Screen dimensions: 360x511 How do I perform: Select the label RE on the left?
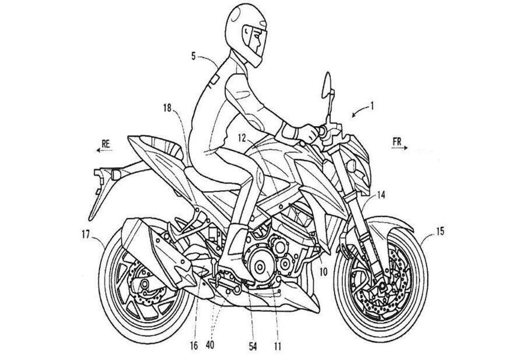[106, 145]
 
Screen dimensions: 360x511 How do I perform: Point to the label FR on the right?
[397, 142]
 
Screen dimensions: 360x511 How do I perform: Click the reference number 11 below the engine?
[277, 347]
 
